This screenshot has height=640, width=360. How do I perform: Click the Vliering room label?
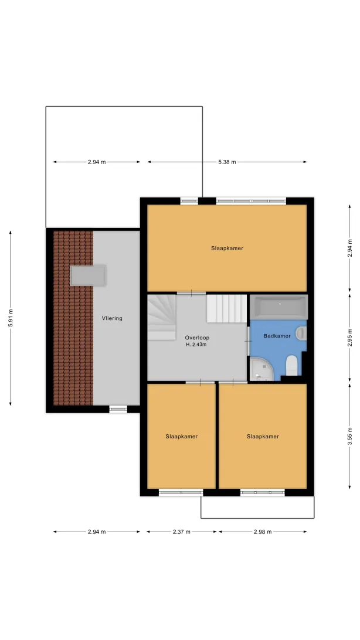112,318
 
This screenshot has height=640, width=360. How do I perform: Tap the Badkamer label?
277,336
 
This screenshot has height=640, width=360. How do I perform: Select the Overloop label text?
197,338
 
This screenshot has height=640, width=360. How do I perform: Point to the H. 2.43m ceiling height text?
196,345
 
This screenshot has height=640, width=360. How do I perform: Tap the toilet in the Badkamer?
292,365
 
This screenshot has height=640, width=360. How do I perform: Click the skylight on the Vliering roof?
88,275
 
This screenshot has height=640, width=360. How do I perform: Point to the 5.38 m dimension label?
227,162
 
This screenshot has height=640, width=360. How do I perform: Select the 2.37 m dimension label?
182,532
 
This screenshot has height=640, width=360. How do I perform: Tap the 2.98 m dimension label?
263,532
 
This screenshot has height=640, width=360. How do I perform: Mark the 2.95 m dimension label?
350,338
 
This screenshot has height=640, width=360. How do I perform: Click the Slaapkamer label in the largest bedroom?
227,248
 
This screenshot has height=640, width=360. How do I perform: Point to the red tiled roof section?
73,318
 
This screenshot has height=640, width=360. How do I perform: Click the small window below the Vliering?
118,408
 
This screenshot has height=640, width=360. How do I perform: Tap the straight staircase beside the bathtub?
227,308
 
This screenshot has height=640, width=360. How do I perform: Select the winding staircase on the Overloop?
162,317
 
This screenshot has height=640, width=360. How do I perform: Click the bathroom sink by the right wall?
301,333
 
